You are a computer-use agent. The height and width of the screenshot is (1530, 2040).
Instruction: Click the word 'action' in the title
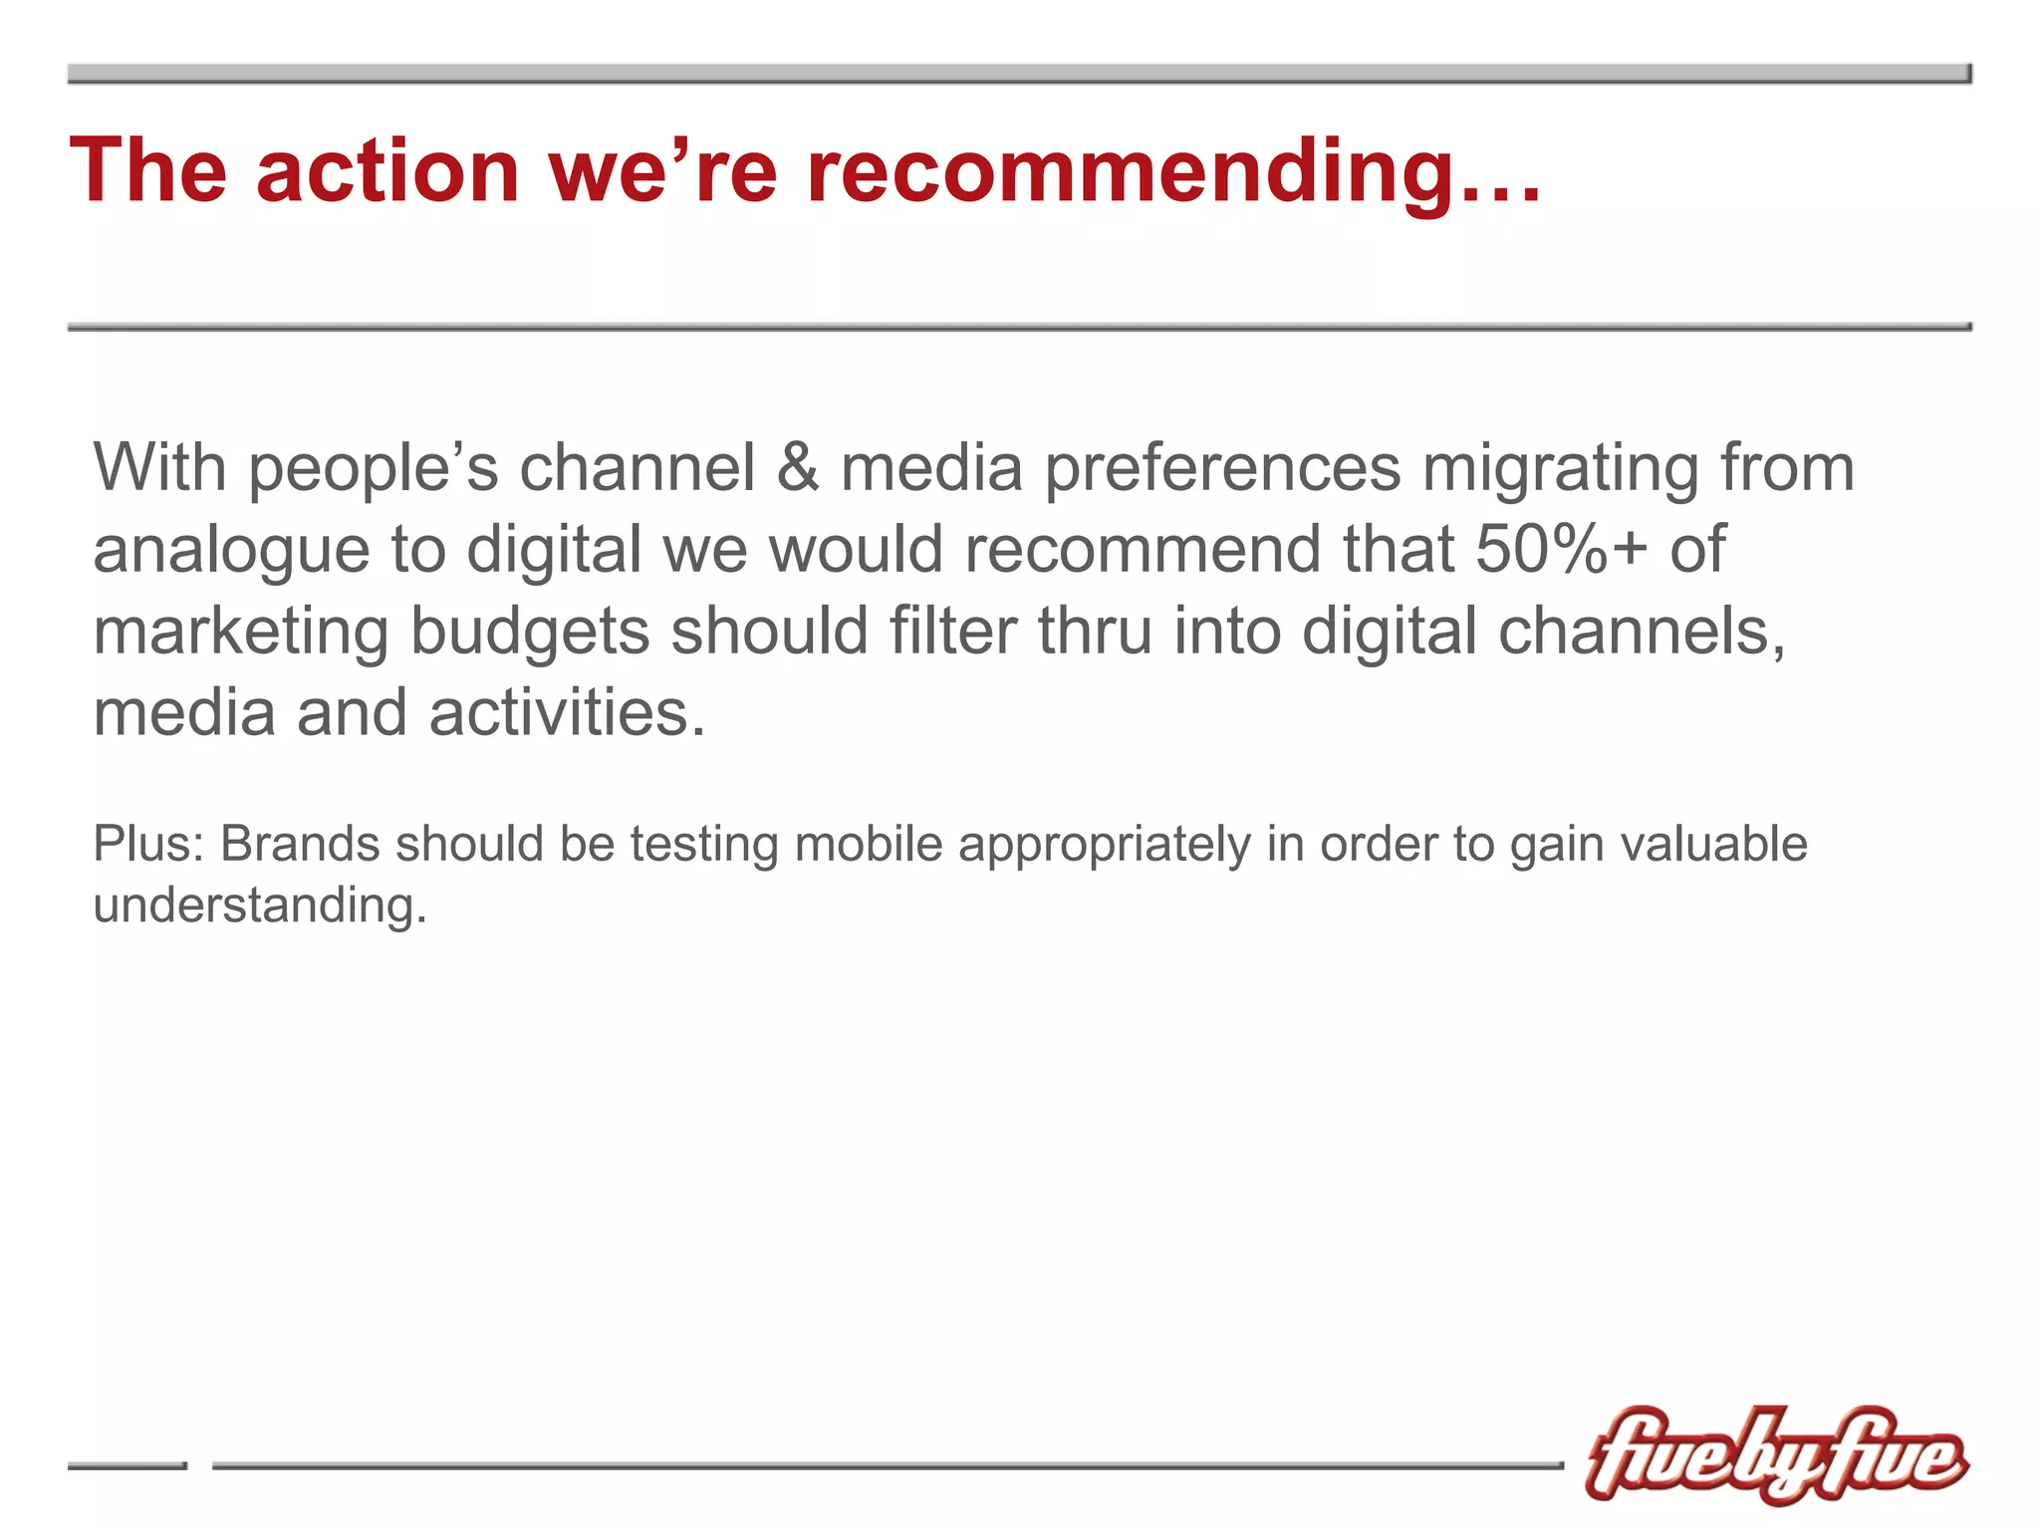pyautogui.click(x=387, y=171)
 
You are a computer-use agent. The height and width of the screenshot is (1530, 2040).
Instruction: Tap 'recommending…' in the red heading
pyautogui.click(x=1173, y=171)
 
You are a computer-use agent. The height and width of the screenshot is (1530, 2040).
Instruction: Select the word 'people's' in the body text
pyautogui.click(x=373, y=468)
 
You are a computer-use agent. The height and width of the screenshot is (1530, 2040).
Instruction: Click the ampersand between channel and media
pyautogui.click(x=798, y=468)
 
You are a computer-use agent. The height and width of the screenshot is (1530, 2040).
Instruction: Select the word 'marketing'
pyautogui.click(x=240, y=633)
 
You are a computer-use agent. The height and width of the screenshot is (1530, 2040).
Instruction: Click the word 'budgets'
pyautogui.click(x=530, y=633)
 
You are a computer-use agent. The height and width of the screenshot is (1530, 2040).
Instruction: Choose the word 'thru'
pyautogui.click(x=1095, y=631)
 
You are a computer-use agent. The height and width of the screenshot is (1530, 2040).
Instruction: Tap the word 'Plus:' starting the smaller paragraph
pyautogui.click(x=148, y=844)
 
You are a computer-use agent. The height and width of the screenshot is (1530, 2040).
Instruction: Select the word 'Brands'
pyautogui.click(x=299, y=844)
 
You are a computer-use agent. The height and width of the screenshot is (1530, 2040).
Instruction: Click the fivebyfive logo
pyautogui.click(x=1775, y=1454)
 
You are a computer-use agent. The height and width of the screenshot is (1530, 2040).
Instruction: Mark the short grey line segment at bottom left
pyautogui.click(x=127, y=1465)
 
